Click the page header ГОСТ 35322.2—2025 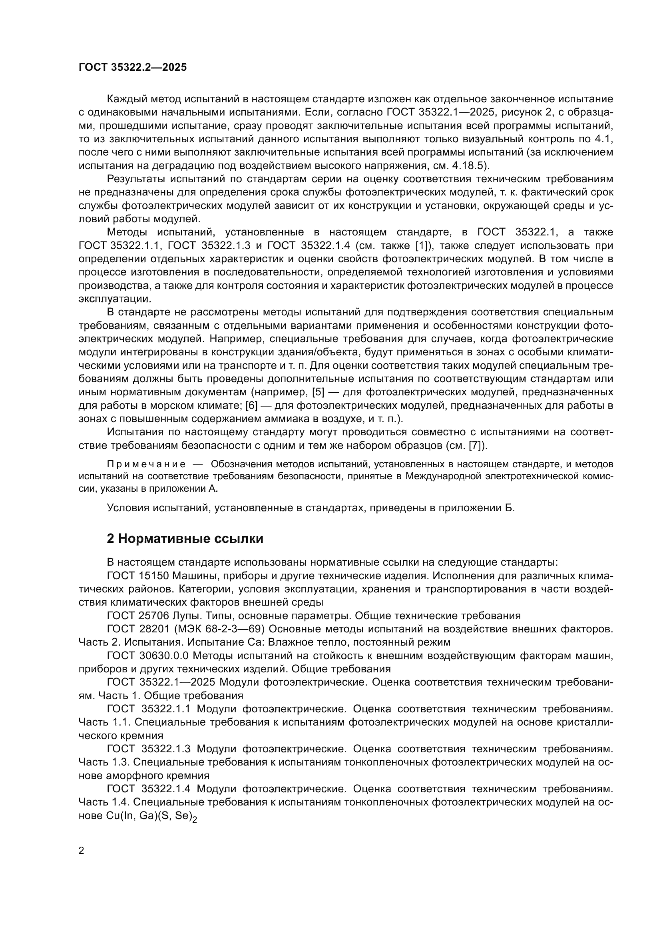[x=132, y=67]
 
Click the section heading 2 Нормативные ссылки [x=185, y=538]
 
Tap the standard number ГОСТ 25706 [x=137, y=616]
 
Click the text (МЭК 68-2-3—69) [x=219, y=629]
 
